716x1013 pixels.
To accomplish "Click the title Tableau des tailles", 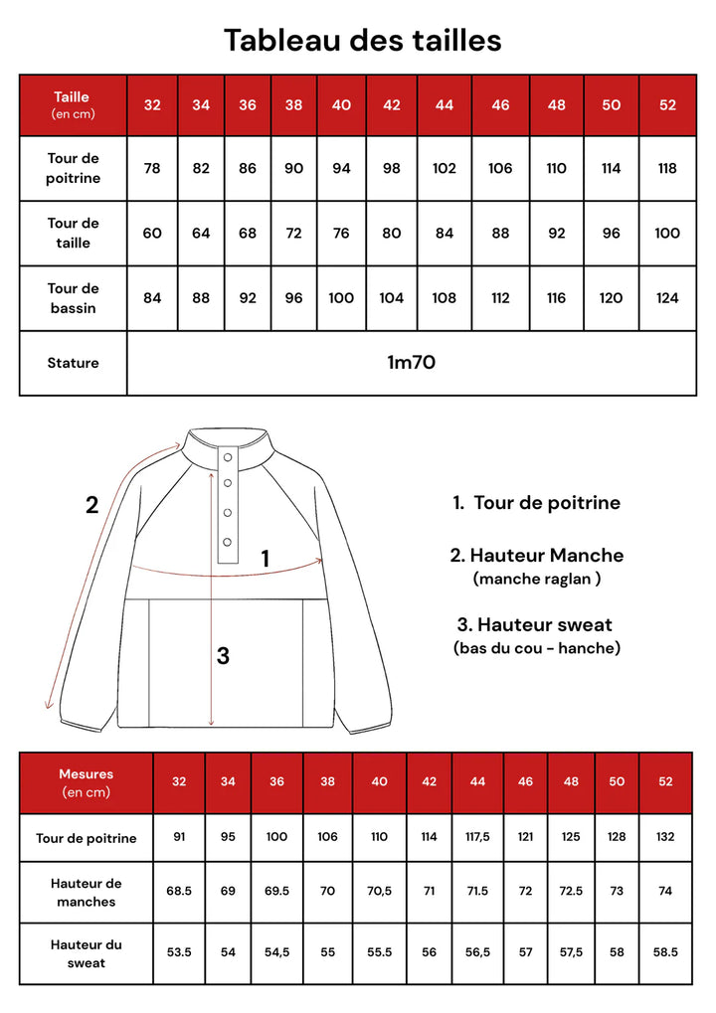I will (362, 40).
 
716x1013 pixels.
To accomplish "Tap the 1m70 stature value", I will (411, 363).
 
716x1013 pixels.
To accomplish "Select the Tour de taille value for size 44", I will (445, 233).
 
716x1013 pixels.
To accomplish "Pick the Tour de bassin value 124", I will (667, 297).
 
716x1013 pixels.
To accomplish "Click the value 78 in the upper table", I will (152, 168).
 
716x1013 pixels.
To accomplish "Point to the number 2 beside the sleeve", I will (91, 505).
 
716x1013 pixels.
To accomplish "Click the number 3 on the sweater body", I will (223, 655).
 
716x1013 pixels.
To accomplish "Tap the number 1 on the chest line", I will (266, 559).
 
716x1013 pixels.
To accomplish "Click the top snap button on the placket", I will (227, 456).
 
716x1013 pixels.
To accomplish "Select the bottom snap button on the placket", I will (227, 542).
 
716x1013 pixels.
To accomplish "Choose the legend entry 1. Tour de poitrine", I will (536, 503).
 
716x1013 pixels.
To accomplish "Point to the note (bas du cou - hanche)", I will (536, 648).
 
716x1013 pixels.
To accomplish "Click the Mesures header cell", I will (87, 782).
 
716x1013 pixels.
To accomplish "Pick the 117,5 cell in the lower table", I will (477, 837).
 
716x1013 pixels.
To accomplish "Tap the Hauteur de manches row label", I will (87, 892).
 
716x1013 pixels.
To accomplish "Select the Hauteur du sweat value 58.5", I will (666, 951).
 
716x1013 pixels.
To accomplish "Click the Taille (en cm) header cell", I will (72, 104).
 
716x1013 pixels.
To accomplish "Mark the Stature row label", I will (73, 363).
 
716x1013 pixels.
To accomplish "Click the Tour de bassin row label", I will (73, 297).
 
